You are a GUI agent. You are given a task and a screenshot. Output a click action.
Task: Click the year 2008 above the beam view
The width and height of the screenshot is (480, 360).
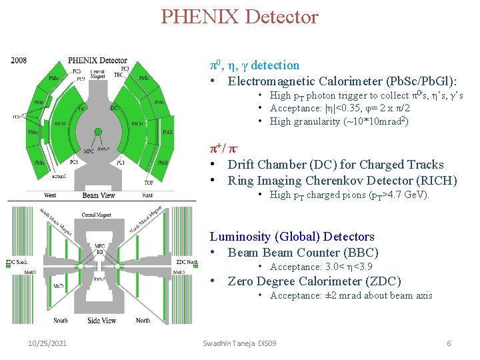[x=19, y=61]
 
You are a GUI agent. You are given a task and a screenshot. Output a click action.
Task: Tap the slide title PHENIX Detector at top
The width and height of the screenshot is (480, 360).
[x=239, y=16]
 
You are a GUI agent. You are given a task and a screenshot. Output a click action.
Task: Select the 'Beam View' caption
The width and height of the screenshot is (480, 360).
[x=99, y=195]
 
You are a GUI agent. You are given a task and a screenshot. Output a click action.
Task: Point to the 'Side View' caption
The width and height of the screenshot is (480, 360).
[x=101, y=321]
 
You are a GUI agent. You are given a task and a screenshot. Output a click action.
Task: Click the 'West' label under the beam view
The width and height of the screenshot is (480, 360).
[x=50, y=195]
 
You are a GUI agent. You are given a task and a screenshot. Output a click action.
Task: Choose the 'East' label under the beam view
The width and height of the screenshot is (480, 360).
[x=147, y=195]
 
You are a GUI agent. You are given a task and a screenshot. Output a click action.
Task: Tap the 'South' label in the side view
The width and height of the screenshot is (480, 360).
[x=60, y=321]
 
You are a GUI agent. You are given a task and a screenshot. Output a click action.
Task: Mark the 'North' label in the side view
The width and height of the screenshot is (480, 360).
[x=143, y=321]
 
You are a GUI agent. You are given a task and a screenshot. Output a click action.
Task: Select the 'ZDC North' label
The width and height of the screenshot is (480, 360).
[x=187, y=262]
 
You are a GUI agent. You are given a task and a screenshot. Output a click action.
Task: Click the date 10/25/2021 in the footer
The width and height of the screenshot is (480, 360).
[x=47, y=343]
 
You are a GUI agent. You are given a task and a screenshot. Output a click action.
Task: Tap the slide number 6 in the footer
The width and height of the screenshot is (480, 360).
[x=449, y=343]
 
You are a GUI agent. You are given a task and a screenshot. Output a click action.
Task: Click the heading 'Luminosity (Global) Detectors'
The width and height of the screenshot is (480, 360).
[x=292, y=237]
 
